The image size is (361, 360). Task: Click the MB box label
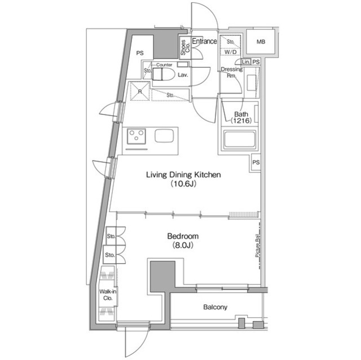(261, 42)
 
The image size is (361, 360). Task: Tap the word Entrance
(204, 41)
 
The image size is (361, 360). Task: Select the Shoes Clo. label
(184, 47)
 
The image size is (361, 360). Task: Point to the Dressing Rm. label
(231, 73)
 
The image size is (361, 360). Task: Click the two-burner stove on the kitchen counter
(135, 136)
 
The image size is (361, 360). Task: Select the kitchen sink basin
(165, 136)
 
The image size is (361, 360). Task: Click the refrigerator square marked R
(139, 90)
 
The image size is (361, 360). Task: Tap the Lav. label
(183, 74)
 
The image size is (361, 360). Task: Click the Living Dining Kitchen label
(183, 179)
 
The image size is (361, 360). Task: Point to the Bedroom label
(182, 241)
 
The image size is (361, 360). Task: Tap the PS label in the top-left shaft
(139, 54)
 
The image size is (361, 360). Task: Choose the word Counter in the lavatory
(164, 65)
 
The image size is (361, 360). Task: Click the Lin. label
(245, 61)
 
